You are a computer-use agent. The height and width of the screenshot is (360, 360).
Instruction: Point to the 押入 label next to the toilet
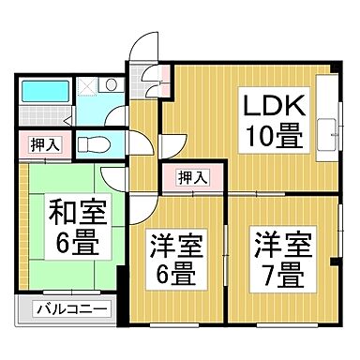[38, 145]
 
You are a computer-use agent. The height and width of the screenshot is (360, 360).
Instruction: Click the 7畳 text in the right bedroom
[278, 276]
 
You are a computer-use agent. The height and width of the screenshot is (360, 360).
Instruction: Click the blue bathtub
[45, 92]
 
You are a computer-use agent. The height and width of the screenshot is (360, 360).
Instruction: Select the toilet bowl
[93, 144]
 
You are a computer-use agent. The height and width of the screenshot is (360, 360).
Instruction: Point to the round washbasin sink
[112, 85]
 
